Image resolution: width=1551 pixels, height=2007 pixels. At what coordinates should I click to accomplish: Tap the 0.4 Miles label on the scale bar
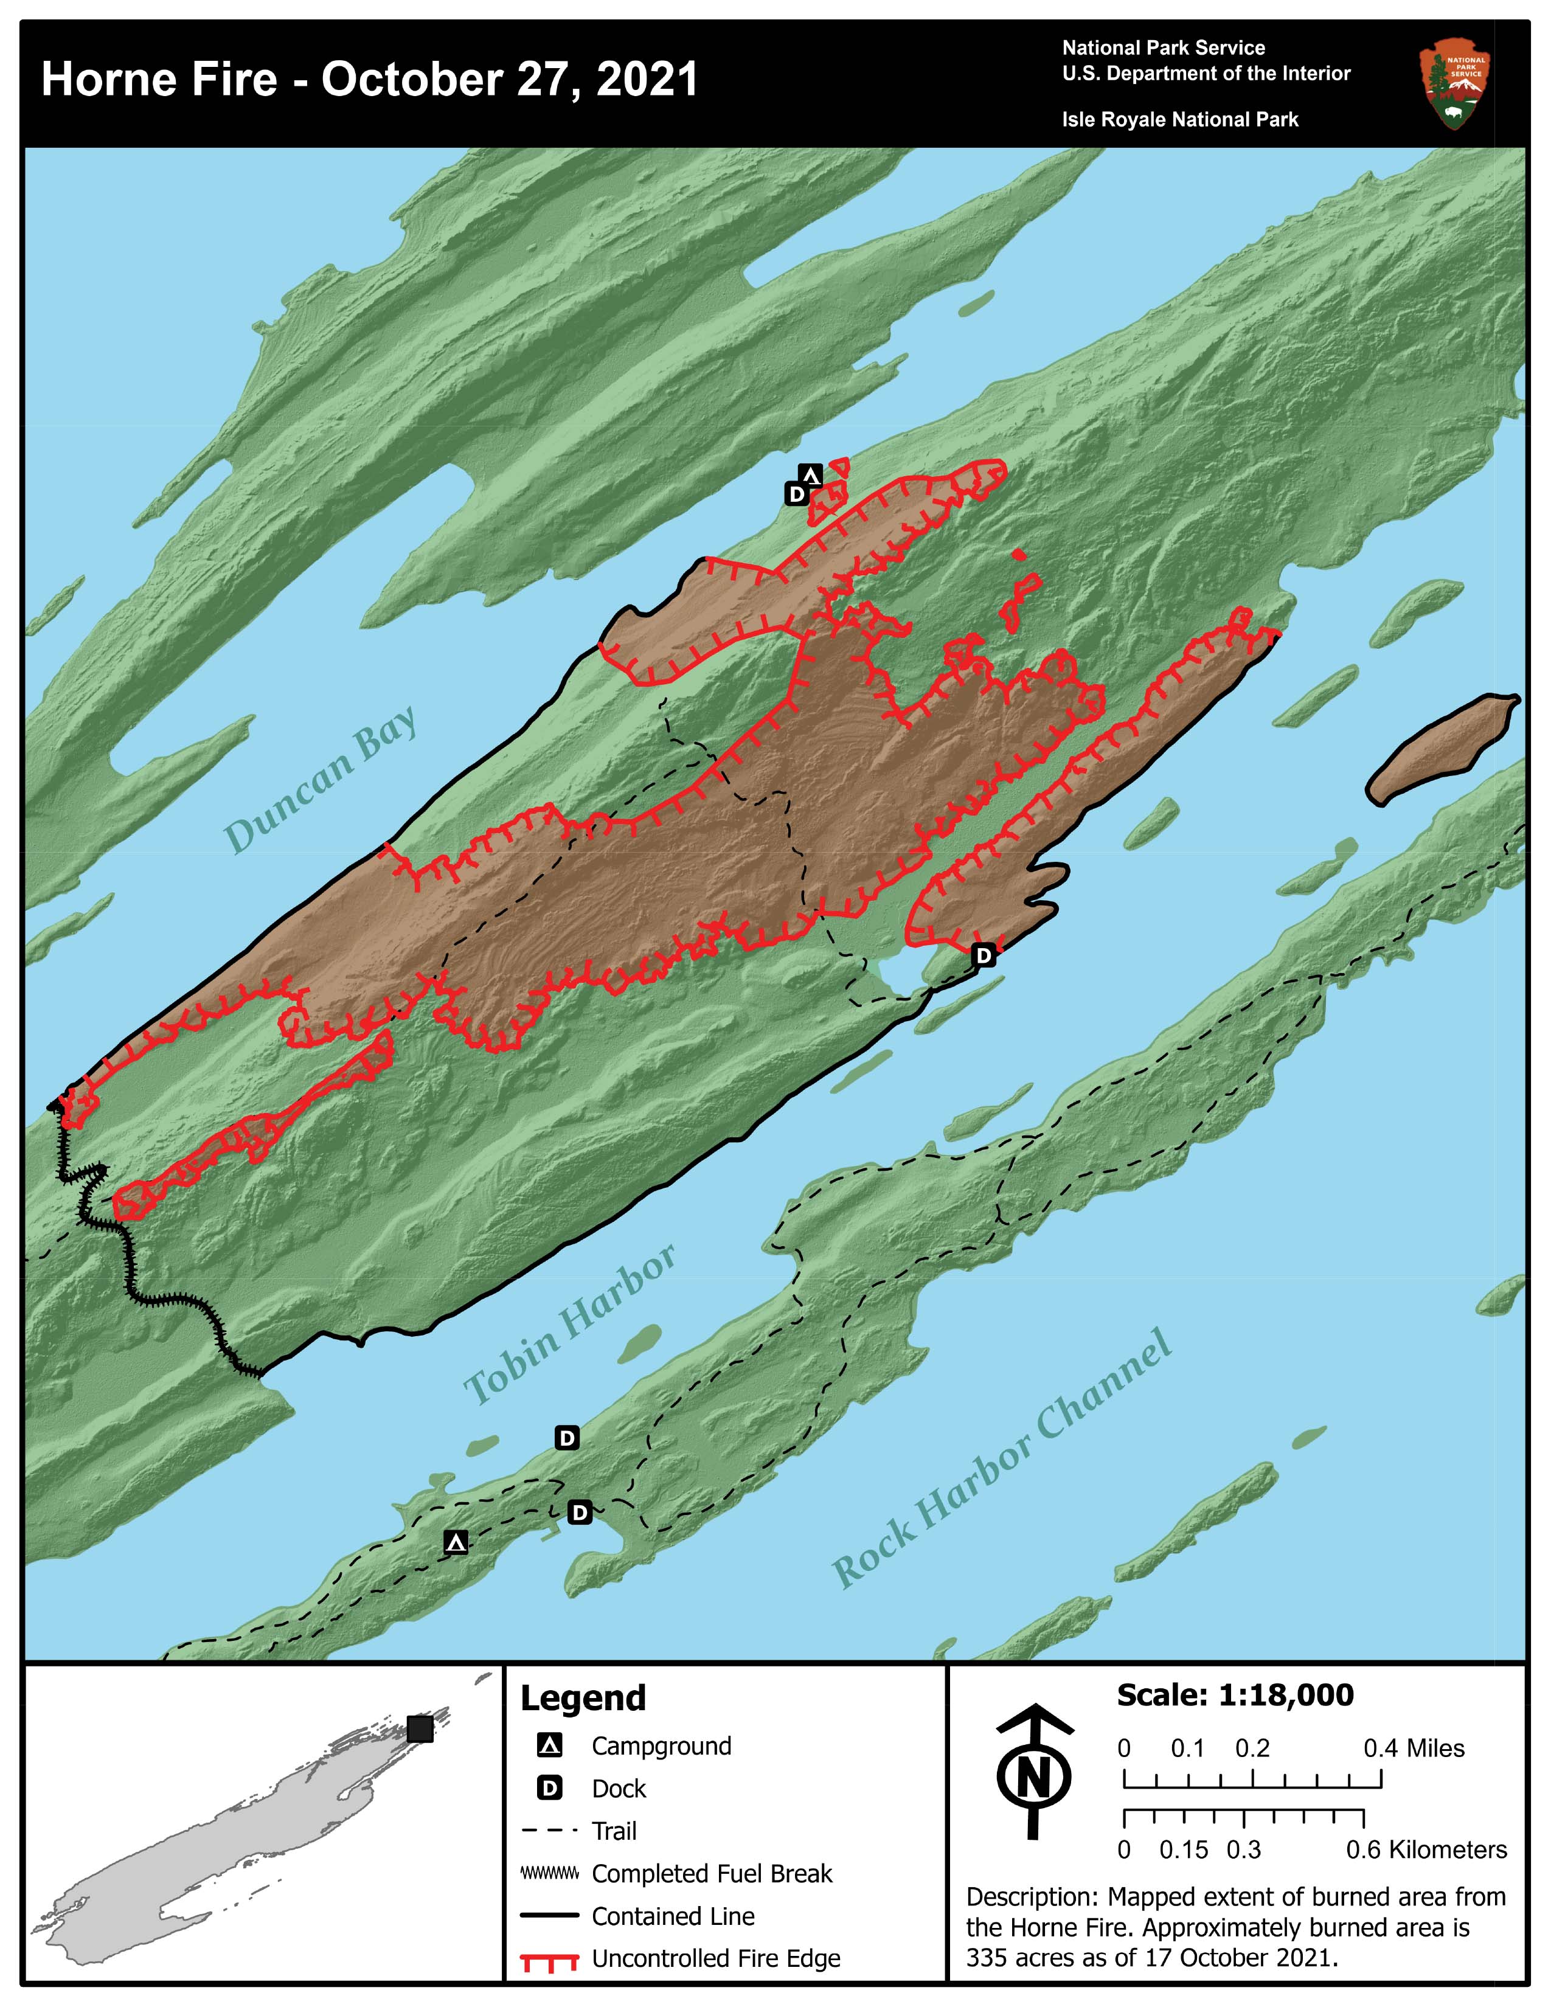pyautogui.click(x=1413, y=1748)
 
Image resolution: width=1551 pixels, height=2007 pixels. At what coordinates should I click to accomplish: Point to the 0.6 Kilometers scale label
pyautogui.click(x=1426, y=1850)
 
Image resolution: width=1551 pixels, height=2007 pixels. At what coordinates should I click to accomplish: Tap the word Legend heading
pyautogui.click(x=583, y=1698)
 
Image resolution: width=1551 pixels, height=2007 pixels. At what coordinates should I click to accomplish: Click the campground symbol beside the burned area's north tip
pyautogui.click(x=810, y=475)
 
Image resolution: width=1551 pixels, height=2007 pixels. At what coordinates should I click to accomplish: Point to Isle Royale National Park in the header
pyautogui.click(x=1180, y=119)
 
